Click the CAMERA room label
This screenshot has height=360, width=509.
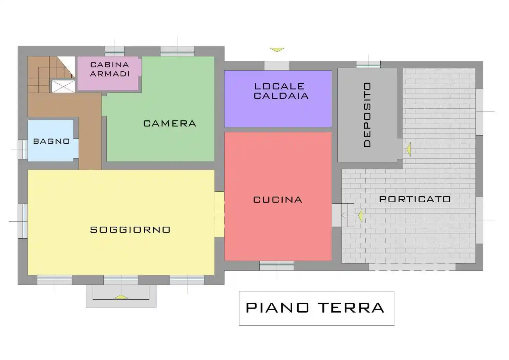[169, 123]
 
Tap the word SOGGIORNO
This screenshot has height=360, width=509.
[130, 230]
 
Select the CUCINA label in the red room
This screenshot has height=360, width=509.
[277, 200]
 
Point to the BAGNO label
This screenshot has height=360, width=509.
[51, 141]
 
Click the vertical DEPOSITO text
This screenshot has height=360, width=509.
[367, 115]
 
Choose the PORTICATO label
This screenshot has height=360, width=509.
[415, 199]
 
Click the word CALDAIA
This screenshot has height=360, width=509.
[281, 96]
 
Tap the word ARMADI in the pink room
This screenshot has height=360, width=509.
[110, 74]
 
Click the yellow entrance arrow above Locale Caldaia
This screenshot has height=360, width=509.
[277, 50]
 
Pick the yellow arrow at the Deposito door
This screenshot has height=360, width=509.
[409, 149]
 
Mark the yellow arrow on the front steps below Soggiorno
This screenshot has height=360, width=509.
[121, 297]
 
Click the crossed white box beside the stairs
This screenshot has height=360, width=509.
[63, 86]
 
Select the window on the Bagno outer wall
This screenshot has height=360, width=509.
[23, 149]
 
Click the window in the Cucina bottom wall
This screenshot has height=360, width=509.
[276, 265]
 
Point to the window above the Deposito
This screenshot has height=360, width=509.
[368, 64]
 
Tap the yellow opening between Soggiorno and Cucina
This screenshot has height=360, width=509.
[219, 214]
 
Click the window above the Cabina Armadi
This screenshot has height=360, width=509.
[114, 51]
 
